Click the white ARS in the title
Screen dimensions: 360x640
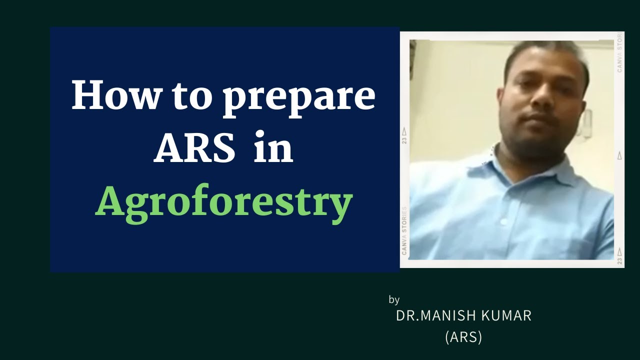194,149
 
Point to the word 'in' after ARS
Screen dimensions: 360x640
273,149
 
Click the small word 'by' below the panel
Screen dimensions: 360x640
394,300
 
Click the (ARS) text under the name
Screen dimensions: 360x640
463,337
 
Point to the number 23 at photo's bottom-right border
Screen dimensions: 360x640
620,260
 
